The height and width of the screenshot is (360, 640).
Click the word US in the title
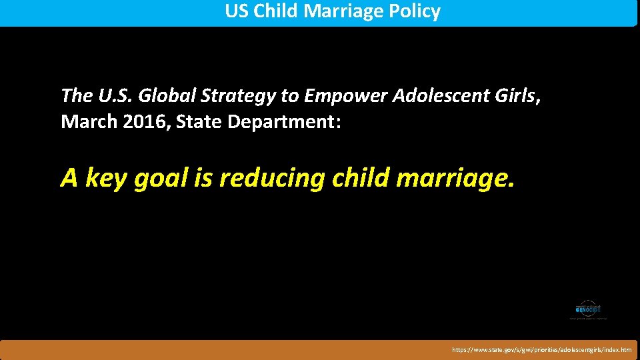pos(236,12)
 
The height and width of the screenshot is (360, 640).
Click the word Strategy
pos(240,96)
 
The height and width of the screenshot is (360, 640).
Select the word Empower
pos(345,96)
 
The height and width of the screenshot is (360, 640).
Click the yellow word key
pos(109,178)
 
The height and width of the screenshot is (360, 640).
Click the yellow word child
pos(364,178)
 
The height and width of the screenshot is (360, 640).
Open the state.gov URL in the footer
pos(541,349)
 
